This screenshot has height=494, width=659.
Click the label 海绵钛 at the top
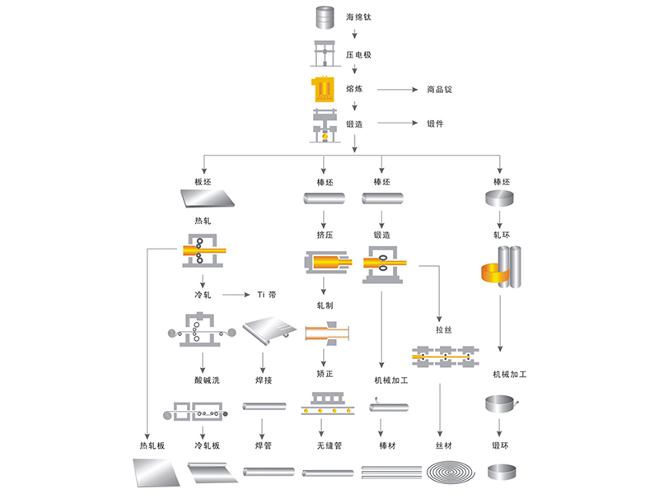358,16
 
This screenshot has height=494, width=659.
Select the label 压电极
358,54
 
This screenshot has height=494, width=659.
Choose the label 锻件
435,123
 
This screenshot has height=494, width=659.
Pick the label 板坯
204,181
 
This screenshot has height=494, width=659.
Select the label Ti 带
267,294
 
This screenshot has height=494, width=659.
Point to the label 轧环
502,235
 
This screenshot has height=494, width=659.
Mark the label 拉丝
444,329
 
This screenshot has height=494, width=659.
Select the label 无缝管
325,445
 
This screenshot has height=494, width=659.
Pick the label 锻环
502,445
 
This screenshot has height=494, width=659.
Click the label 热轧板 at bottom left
152,445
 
